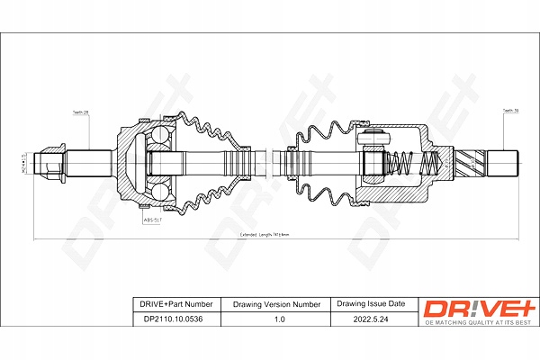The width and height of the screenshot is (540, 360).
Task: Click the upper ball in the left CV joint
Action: (160, 137)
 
